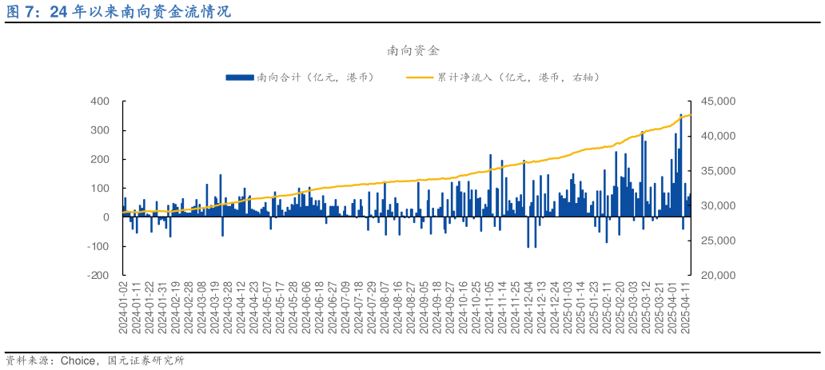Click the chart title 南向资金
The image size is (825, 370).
pos(412,50)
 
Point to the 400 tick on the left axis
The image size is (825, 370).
pos(100,101)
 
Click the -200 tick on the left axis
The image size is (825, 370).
pos(98,275)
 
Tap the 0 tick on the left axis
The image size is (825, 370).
pos(106,217)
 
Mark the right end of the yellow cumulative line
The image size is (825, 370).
pos(691,116)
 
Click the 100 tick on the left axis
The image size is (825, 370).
pos(100,189)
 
